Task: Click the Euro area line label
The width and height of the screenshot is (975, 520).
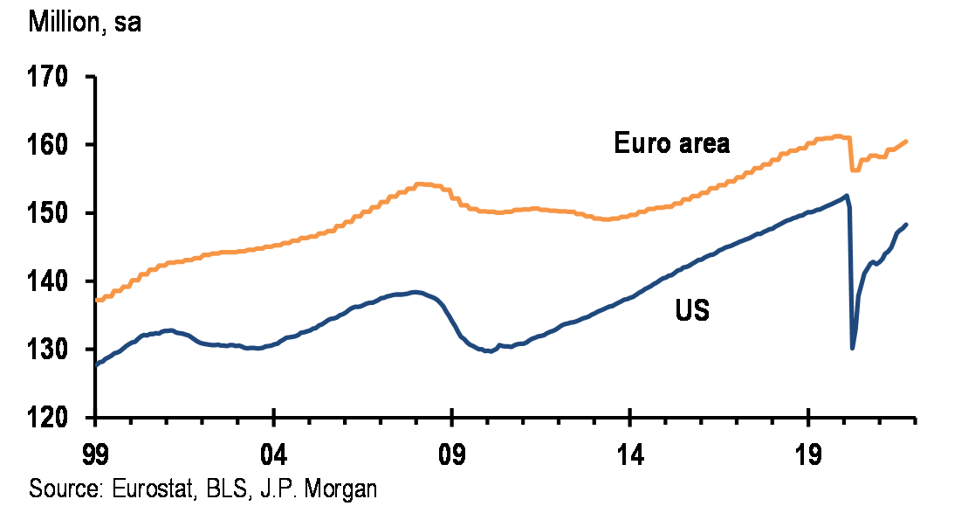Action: click(671, 143)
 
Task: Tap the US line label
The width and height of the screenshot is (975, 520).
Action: click(692, 310)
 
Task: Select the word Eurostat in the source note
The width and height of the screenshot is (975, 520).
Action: click(151, 488)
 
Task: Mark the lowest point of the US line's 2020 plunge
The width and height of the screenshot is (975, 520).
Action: click(852, 348)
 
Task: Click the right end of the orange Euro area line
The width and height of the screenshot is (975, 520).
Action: click(907, 141)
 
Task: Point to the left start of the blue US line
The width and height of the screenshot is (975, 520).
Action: click(96, 364)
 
